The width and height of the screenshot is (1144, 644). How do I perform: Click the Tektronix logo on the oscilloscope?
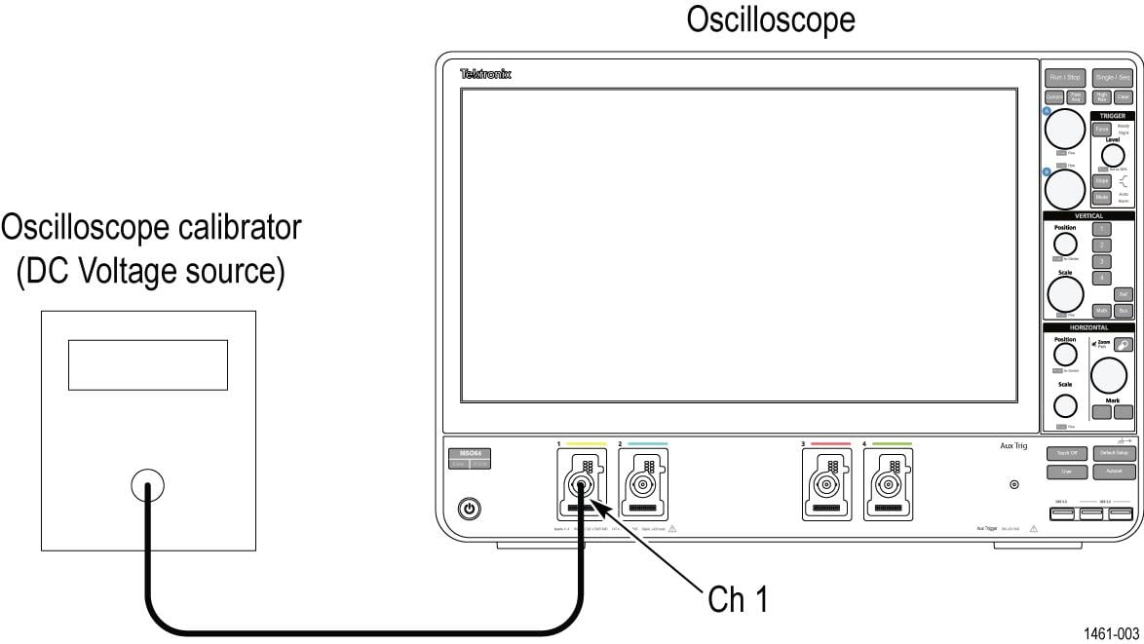[485, 74]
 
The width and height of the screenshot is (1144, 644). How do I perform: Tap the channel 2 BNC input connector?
[643, 483]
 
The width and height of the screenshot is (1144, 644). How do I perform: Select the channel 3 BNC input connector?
[826, 483]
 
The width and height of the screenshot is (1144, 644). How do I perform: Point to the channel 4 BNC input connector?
[887, 483]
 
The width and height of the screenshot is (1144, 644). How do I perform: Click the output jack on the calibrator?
[147, 484]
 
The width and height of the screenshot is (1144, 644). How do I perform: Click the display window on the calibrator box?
[147, 364]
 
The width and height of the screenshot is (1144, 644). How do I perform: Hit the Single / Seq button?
[1112, 77]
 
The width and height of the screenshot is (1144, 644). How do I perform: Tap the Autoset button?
[1112, 472]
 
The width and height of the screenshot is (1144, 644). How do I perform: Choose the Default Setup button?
[1112, 453]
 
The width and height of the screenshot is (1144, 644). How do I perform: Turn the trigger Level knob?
[1112, 155]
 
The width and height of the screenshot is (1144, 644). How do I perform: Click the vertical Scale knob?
[1065, 292]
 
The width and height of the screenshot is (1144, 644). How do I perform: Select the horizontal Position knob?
[1065, 357]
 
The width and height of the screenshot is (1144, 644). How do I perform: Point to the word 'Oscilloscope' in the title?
[770, 19]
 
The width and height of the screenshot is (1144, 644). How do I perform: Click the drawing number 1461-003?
[1112, 634]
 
